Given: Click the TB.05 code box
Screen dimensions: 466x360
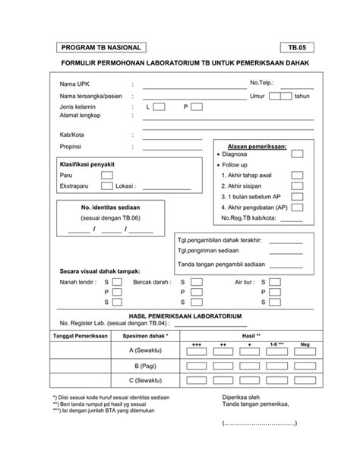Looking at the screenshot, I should click(294, 47).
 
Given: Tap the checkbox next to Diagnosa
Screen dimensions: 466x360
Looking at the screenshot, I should click(297, 154).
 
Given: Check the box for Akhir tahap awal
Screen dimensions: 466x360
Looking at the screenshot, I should click(297, 175).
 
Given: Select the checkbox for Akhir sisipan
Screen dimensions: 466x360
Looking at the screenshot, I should click(297, 185).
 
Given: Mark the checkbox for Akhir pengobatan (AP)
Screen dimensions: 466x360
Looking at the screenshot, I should click(297, 207).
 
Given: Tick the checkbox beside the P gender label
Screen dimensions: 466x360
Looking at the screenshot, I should click(197, 107).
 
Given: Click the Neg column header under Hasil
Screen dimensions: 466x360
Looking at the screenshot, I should click(305, 344).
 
